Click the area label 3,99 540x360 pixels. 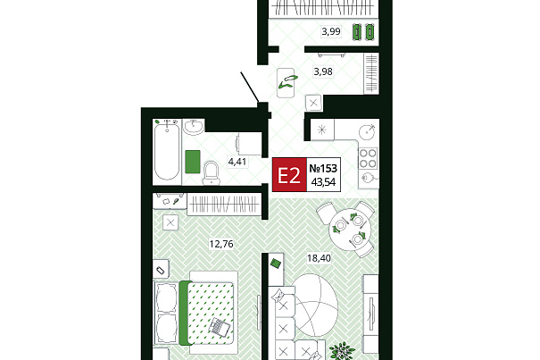pos(331,32)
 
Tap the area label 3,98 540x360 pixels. pos(323,71)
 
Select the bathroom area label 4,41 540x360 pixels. pos(237,162)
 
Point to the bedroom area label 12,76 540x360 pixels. pos(221,244)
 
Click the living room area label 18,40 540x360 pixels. pos(319,258)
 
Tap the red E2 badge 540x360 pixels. pos(289,175)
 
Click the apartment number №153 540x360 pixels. pos(323,168)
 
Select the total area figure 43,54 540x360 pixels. pos(323,181)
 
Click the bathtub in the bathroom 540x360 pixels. pos(167,152)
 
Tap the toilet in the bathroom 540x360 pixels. pos(212,172)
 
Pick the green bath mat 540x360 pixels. pos(193,162)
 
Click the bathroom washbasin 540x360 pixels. pos(193,127)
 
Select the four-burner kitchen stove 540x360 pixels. pos(368,158)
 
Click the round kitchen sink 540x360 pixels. pos(368,131)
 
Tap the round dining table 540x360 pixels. pos(350,229)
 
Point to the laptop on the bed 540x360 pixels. pos(219,326)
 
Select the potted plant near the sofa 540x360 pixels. pos(342,352)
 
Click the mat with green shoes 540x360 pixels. pos(286,83)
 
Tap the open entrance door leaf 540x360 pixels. pos(250,88)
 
